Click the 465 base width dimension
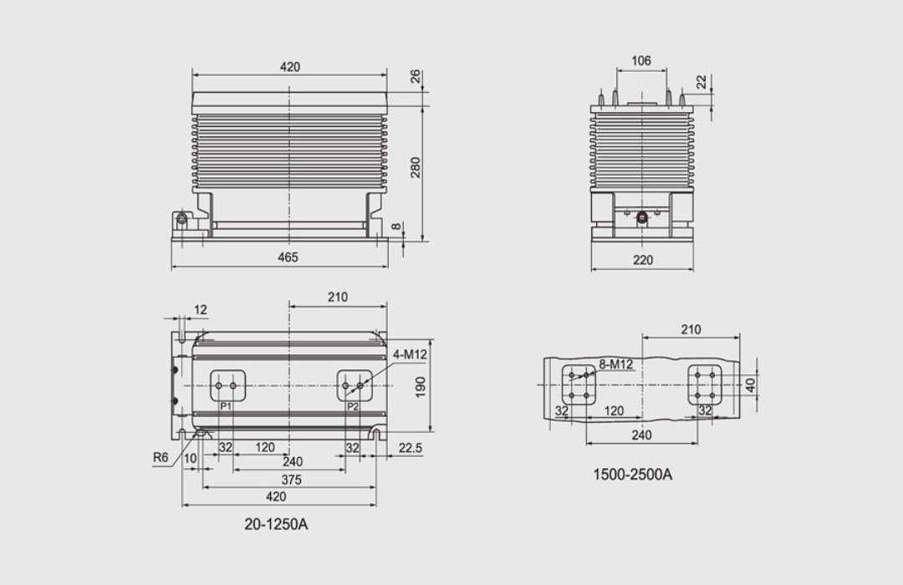point(288,257)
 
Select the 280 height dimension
point(416,167)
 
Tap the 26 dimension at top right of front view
point(416,77)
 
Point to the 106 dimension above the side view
point(641,61)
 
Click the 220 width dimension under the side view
point(642,260)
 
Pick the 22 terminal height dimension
point(701,82)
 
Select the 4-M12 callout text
point(410,354)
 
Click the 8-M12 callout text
point(615,364)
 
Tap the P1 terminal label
point(226,406)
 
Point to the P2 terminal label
point(353,406)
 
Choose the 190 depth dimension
point(421,386)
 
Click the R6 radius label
point(161,458)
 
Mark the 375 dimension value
point(290,480)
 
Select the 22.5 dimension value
point(410,448)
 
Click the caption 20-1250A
point(276,524)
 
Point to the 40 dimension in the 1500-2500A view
point(750,384)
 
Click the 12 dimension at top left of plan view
point(201,310)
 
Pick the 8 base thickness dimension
point(396,227)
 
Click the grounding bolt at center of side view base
point(642,218)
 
